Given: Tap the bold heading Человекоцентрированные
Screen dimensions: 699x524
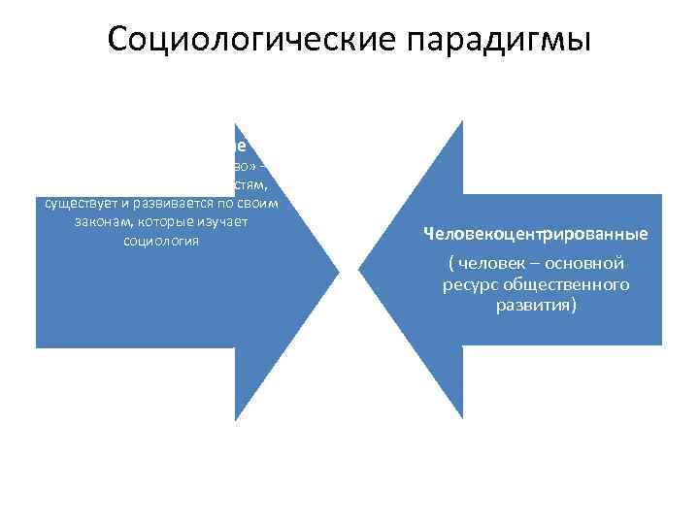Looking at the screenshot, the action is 535,234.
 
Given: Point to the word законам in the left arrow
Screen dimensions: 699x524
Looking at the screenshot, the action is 85,222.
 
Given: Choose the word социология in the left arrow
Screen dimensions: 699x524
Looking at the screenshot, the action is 161,241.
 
